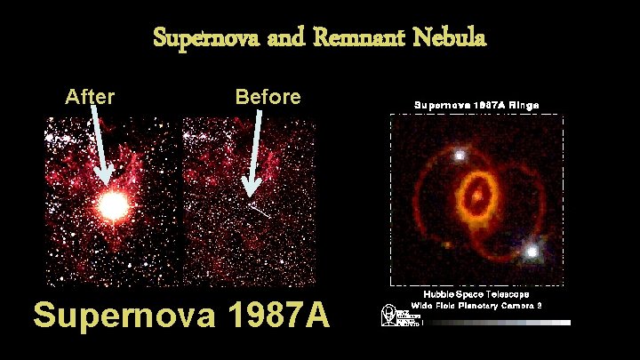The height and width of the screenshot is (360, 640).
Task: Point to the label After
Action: tap(90, 96)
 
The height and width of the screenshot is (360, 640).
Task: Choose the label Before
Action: tap(268, 96)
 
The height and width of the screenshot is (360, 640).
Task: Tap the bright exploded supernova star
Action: tap(113, 206)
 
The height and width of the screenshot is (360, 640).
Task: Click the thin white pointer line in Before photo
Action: tap(260, 210)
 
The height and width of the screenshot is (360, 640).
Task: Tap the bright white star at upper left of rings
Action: tap(460, 155)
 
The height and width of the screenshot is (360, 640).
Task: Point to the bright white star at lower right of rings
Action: tap(532, 252)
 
